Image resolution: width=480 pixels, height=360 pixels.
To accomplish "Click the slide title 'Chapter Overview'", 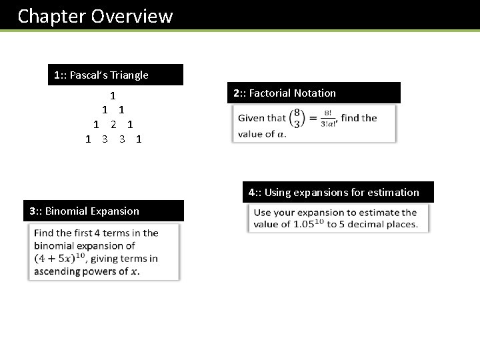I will (x=95, y=16).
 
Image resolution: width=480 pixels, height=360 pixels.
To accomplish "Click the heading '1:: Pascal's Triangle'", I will (x=101, y=75).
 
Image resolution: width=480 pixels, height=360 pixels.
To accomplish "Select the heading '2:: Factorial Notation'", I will (x=285, y=93).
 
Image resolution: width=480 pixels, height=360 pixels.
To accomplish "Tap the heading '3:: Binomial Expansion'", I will (x=84, y=211).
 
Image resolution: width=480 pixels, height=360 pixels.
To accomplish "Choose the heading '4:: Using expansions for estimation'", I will (x=333, y=193).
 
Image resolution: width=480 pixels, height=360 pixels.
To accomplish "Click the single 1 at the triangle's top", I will (x=113, y=96).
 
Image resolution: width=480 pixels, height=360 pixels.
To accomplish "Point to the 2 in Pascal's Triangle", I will (x=113, y=125).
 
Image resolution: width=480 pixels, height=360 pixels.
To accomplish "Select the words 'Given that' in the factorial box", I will (x=262, y=119).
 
